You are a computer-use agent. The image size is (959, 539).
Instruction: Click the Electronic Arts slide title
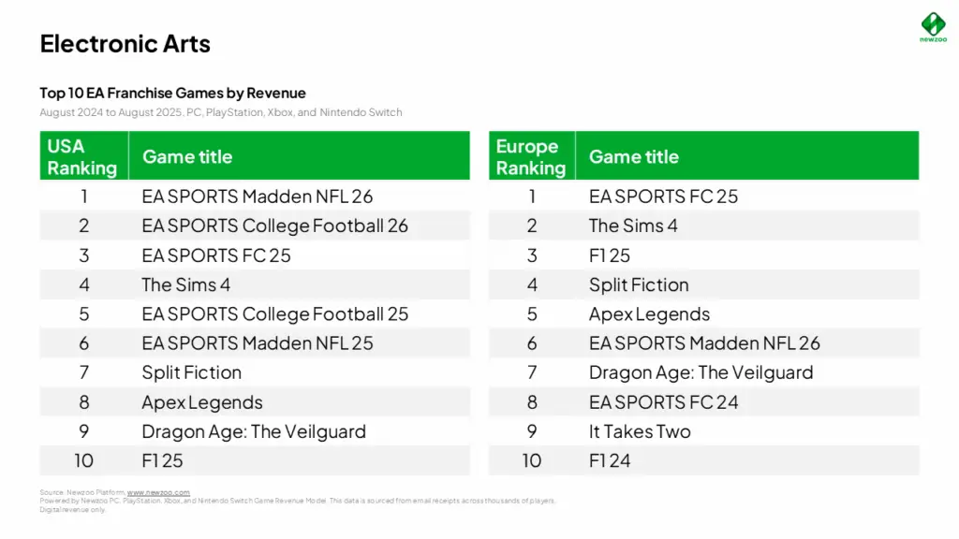pyautogui.click(x=125, y=44)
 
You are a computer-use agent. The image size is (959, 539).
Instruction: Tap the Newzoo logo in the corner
pyautogui.click(x=933, y=26)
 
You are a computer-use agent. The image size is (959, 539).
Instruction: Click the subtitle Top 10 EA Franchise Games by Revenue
pyautogui.click(x=172, y=93)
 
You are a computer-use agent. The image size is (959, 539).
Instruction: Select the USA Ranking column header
pyautogui.click(x=82, y=156)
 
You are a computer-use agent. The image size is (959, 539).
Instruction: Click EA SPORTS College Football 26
pyautogui.click(x=274, y=226)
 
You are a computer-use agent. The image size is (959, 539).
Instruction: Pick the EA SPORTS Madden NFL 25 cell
pyautogui.click(x=257, y=343)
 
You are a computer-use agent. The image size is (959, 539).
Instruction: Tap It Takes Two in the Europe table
pyautogui.click(x=640, y=431)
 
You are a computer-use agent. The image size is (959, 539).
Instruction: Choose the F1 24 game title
pyautogui.click(x=610, y=460)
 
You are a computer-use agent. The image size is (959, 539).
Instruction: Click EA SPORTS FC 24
pyautogui.click(x=663, y=402)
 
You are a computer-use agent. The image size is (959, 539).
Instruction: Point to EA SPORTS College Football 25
pyautogui.click(x=274, y=313)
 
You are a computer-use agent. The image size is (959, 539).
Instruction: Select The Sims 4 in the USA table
pyautogui.click(x=185, y=284)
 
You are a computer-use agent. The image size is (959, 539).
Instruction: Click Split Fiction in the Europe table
pyautogui.click(x=639, y=284)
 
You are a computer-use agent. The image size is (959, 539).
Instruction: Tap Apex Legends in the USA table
pyautogui.click(x=201, y=402)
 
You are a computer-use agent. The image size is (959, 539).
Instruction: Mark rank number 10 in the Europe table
pyautogui.click(x=531, y=460)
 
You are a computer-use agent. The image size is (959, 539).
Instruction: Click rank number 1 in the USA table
pyautogui.click(x=83, y=197)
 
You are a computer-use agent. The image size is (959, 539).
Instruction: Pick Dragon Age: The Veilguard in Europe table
pyautogui.click(x=701, y=372)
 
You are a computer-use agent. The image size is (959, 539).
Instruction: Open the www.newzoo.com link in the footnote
pyautogui.click(x=158, y=492)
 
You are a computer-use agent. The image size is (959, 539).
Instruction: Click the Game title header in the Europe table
pyautogui.click(x=633, y=156)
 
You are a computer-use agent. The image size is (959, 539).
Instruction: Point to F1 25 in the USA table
pyautogui.click(x=162, y=460)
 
